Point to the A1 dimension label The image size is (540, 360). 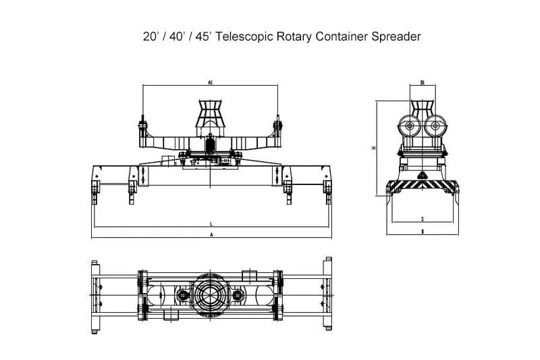[211, 82]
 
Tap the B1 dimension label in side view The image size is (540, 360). [422, 82]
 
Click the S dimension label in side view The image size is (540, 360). [422, 220]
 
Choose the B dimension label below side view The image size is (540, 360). [422, 232]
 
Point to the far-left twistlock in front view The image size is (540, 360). [94, 192]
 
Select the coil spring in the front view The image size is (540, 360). [210, 145]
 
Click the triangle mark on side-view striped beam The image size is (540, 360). [422, 176]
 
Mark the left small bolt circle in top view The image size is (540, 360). [182, 296]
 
